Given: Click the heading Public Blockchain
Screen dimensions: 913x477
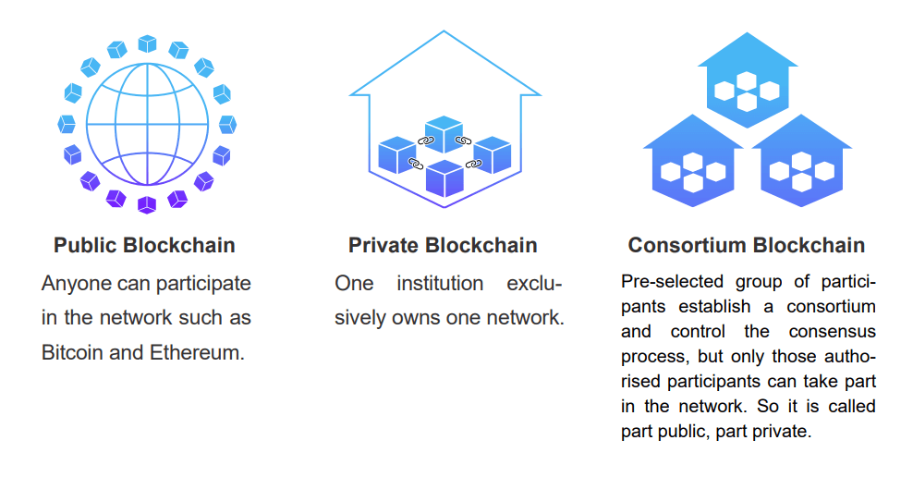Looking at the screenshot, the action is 144,245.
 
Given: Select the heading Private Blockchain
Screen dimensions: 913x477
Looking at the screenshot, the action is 443,245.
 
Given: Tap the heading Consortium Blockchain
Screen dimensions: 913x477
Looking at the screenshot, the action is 747,245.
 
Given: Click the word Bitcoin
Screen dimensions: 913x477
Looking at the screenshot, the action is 72,352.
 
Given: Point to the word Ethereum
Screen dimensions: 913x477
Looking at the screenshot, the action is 198,352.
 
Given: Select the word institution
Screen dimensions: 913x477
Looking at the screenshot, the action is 440,283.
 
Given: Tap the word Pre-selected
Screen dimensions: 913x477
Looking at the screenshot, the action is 672,281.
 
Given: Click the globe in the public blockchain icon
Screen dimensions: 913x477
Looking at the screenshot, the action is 147,124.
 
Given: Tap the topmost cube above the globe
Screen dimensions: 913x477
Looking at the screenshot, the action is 147,43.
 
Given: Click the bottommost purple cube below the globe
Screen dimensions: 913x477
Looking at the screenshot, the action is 147,205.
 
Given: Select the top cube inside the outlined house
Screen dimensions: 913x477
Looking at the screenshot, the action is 444,133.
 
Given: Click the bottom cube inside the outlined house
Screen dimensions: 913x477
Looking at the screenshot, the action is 444,178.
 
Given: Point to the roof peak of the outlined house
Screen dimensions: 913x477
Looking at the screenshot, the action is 444,31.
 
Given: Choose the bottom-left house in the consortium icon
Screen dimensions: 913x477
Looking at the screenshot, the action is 693,162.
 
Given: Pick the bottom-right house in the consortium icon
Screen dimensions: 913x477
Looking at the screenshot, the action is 802,162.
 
